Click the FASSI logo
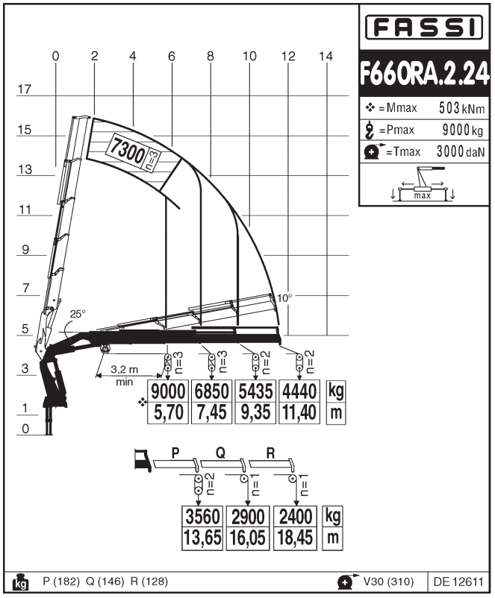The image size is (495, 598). click(424, 28)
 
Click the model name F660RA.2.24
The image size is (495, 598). click(424, 73)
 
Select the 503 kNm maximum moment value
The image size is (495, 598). click(461, 108)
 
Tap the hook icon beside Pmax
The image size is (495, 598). click(370, 130)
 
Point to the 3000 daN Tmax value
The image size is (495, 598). click(461, 151)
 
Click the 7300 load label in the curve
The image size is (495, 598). click(128, 151)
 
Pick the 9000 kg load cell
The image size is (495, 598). click(168, 391)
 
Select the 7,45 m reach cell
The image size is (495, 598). click(211, 412)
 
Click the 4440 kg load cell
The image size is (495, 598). click(299, 391)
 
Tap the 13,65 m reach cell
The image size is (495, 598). click(202, 538)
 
